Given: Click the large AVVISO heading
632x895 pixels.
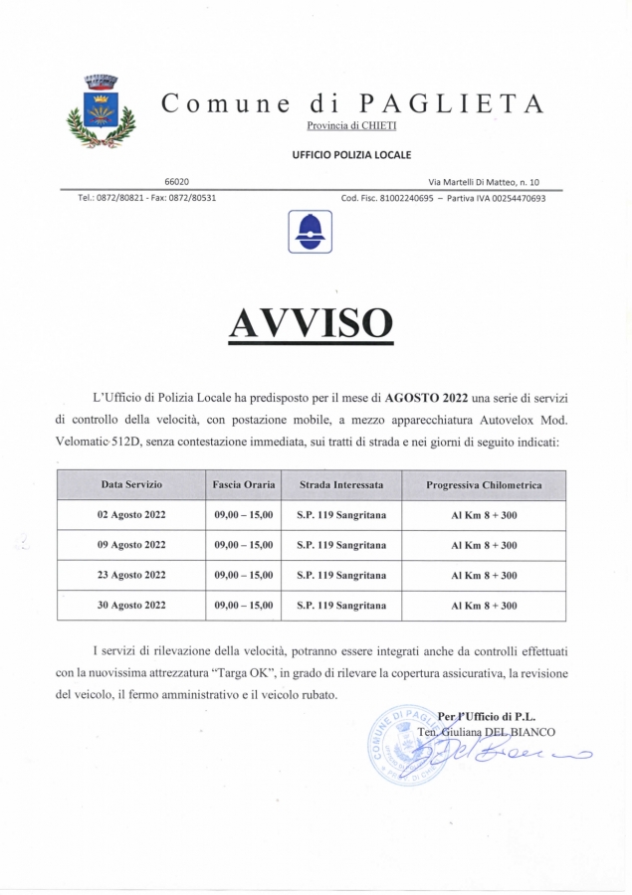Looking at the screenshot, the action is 311,322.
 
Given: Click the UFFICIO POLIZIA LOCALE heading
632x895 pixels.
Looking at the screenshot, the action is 351,154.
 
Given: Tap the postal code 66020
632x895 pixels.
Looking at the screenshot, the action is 177,181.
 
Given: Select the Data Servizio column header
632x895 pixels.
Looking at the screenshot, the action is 130,484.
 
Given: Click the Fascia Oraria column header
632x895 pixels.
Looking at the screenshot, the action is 243,484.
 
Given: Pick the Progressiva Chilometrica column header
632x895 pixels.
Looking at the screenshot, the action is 484,485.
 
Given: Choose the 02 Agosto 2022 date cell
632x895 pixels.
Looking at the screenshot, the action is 131,515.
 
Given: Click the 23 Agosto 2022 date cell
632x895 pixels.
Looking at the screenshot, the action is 131,575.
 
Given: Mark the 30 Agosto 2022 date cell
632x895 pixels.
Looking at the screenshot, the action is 131,605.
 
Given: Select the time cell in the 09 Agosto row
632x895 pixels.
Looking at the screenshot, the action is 243,545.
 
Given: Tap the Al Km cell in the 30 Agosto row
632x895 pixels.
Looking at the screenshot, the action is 484,605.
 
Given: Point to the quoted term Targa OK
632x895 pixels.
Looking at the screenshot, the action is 231,673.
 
